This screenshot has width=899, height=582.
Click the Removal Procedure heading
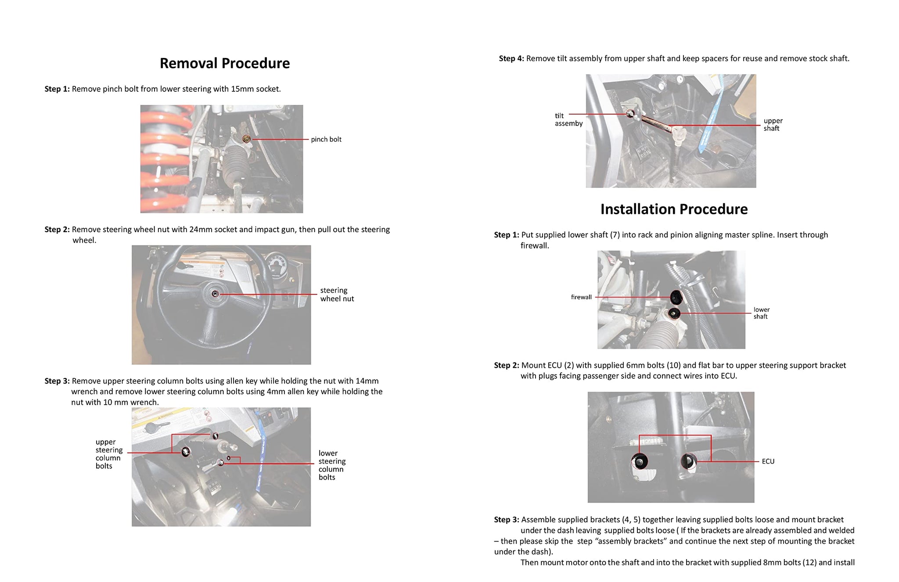(225, 63)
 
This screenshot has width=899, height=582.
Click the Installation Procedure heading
(674, 209)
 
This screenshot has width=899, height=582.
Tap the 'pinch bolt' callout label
(326, 140)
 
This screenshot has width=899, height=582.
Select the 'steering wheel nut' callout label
(337, 295)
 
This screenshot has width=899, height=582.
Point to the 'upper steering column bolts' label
(109, 454)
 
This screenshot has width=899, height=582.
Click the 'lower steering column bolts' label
(332, 465)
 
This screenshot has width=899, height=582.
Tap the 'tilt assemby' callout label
(569, 120)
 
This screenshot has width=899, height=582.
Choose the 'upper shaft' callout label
(773, 125)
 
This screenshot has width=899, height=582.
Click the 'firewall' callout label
(581, 297)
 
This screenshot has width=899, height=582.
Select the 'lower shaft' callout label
(762, 313)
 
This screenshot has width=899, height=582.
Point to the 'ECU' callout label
(768, 461)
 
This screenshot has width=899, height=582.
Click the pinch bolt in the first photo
(247, 139)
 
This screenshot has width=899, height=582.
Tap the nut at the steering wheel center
(215, 294)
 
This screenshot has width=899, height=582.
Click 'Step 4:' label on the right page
(511, 59)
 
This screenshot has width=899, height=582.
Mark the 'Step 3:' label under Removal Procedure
(57, 381)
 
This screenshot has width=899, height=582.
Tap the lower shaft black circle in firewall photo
(674, 313)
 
